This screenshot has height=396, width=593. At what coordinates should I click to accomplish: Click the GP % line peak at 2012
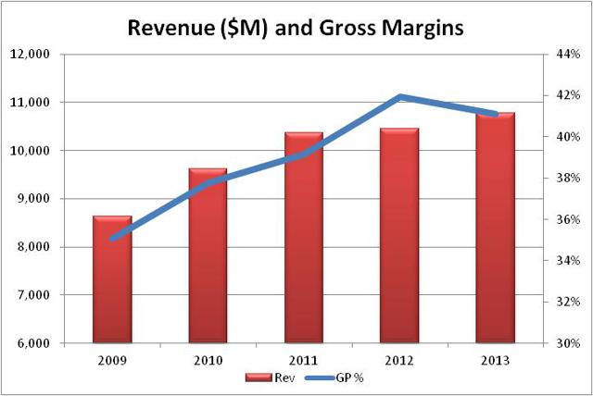pos(399,96)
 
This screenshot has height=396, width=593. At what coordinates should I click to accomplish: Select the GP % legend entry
pos(320,377)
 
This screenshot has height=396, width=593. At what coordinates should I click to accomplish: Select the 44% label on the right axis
pos(567,55)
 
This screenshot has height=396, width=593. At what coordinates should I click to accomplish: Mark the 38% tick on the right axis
pos(567,179)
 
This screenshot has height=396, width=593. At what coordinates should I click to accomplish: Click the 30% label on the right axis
pos(567,343)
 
